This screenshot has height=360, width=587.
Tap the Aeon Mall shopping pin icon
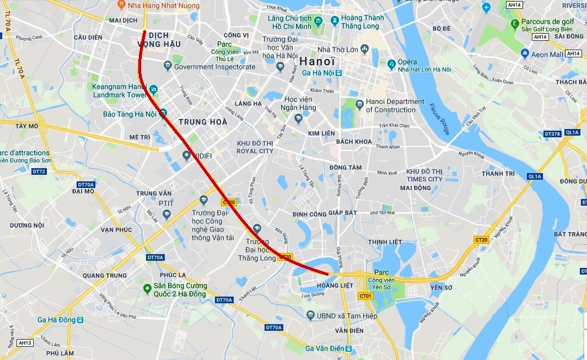tap(525, 54)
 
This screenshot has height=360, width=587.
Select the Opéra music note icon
tap(391, 64)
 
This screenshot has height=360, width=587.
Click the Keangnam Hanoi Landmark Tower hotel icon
tap(154, 90)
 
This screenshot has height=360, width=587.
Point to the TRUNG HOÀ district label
tap(203, 122)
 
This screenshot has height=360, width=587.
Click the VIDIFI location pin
tap(187, 155)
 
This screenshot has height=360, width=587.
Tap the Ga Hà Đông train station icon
tap(80, 320)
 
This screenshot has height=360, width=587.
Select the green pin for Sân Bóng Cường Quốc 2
tap(147, 289)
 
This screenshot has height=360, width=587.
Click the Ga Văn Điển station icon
tap(348, 348)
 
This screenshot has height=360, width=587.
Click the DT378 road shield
tap(552, 133)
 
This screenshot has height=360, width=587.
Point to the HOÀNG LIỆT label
tap(336, 285)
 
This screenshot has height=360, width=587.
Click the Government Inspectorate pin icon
tap(168, 67)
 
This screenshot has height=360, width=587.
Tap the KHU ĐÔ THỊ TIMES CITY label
tap(424, 175)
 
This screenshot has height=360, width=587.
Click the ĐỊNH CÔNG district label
tap(309, 214)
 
